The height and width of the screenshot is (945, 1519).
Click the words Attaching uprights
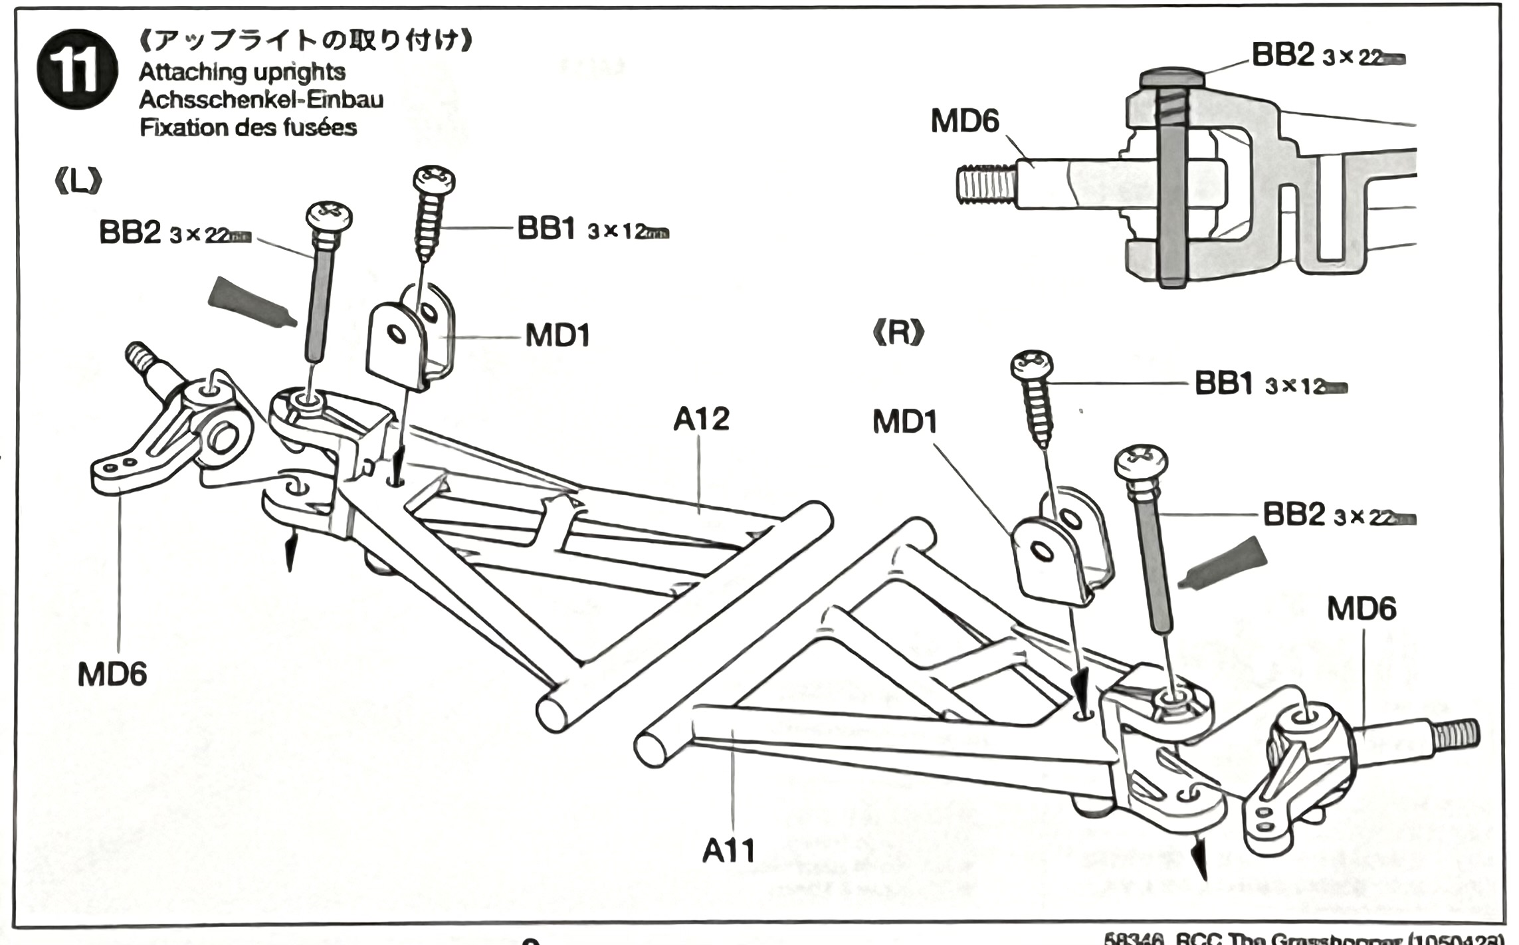click(x=242, y=72)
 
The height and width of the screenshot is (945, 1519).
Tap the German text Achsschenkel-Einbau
click(x=261, y=100)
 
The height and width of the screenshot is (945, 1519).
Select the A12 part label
click(x=701, y=419)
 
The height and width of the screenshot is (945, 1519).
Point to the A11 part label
click(x=728, y=851)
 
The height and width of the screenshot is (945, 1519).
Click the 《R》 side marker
click(x=898, y=333)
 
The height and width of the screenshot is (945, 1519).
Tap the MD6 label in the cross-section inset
click(x=965, y=122)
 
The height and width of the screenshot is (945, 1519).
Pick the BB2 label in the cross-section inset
click(x=1282, y=55)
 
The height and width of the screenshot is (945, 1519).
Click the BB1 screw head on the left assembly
click(x=435, y=179)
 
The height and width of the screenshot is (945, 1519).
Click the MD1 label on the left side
click(x=557, y=336)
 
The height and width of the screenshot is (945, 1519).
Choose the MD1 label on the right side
click(x=904, y=421)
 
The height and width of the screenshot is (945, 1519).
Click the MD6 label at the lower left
click(x=112, y=675)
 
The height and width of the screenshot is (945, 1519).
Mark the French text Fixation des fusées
click(x=248, y=128)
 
